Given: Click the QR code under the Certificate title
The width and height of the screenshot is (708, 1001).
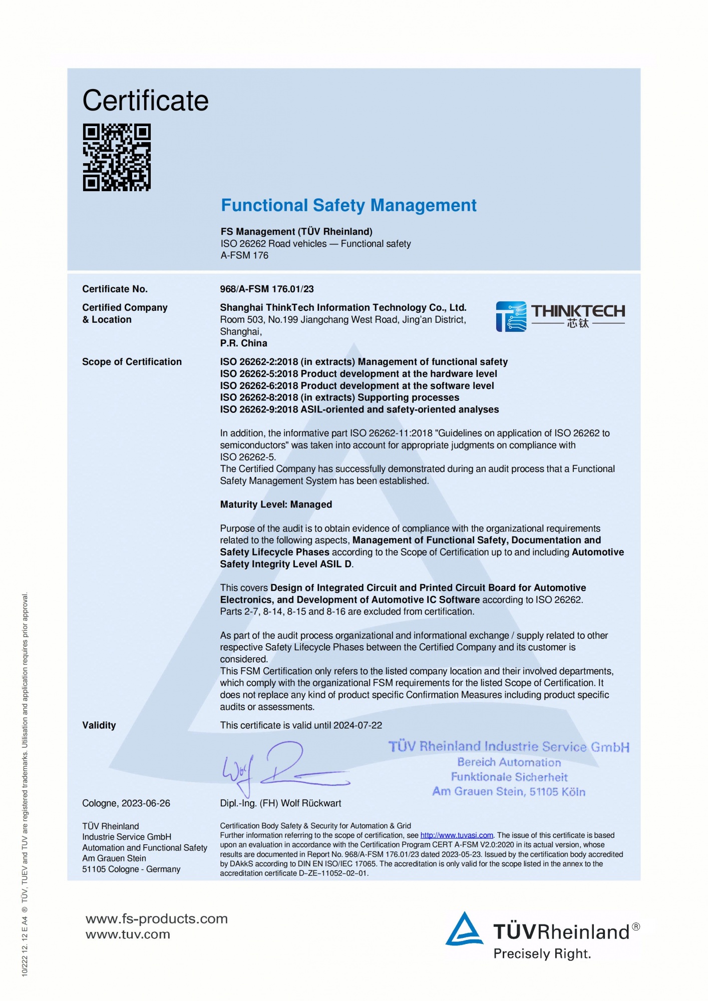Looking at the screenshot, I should pos(117,158).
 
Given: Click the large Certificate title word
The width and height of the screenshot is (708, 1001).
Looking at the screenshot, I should pos(145,101).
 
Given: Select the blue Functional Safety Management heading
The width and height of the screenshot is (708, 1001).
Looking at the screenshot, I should pos(348,205).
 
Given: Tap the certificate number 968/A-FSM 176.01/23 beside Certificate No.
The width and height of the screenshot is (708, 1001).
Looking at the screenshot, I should pos(267,289).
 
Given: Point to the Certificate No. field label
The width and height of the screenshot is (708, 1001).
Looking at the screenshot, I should pos(115,289).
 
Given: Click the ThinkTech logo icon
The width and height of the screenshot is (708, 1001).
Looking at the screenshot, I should pos(511,316).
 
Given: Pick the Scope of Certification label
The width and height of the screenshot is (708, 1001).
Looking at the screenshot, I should pos(132,361).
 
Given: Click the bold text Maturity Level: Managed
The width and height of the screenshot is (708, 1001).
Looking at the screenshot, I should pos(276,505).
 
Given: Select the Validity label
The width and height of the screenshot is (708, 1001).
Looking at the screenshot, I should pos(99,725).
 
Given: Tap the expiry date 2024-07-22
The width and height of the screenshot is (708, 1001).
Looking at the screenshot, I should pos(358,725).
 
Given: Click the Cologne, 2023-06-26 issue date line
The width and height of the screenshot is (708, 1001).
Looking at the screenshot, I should pos(126,803).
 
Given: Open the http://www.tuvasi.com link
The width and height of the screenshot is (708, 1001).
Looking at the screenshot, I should pos(457,835).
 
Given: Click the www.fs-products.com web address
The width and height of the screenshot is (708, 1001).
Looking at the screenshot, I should pos(157,919).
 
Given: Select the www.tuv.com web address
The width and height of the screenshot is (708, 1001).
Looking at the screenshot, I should pos(128,934).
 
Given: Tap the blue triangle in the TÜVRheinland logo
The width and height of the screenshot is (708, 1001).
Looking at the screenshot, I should pos(464,929).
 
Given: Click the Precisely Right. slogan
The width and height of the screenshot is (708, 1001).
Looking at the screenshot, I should pos(542,954).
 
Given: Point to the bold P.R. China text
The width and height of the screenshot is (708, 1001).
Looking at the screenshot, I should pos(244,343).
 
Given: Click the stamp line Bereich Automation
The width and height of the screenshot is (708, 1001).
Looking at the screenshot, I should pos(509,762).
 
